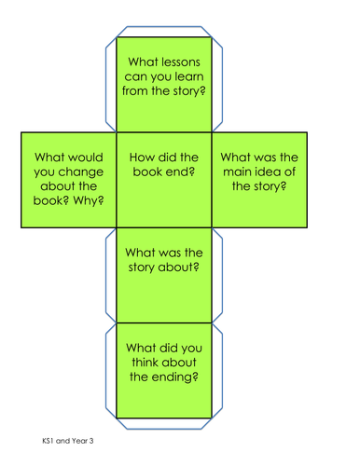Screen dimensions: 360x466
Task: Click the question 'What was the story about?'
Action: (164, 261)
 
